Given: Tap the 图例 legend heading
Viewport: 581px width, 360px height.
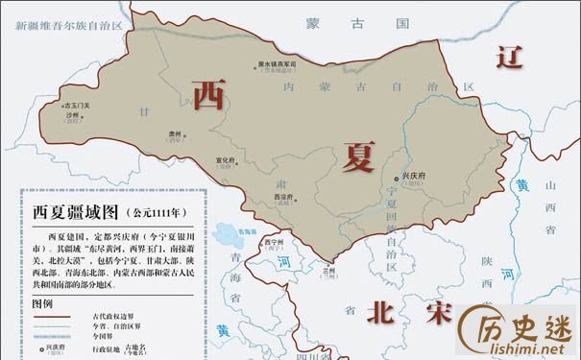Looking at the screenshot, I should tap(41, 302).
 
